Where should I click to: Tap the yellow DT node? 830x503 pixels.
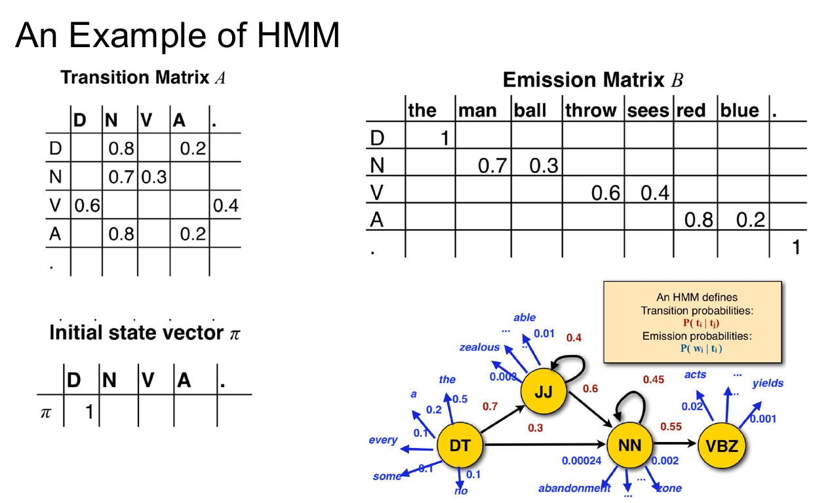(x=460, y=446)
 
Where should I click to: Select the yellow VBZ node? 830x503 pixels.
(x=722, y=446)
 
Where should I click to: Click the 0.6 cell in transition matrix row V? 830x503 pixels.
(x=86, y=206)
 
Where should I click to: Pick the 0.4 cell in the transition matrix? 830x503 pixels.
(x=226, y=206)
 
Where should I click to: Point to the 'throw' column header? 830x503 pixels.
(x=591, y=110)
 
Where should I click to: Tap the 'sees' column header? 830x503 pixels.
(x=648, y=110)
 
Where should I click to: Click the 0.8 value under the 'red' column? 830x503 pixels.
(x=698, y=220)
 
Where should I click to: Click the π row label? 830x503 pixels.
(x=45, y=413)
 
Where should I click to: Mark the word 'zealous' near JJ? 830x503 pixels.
(x=479, y=348)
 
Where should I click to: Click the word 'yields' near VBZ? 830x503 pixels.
(x=768, y=383)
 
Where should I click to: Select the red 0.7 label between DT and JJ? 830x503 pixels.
(x=490, y=406)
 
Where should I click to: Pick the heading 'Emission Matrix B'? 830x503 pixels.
(x=593, y=81)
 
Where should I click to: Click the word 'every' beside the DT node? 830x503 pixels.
(x=383, y=440)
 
